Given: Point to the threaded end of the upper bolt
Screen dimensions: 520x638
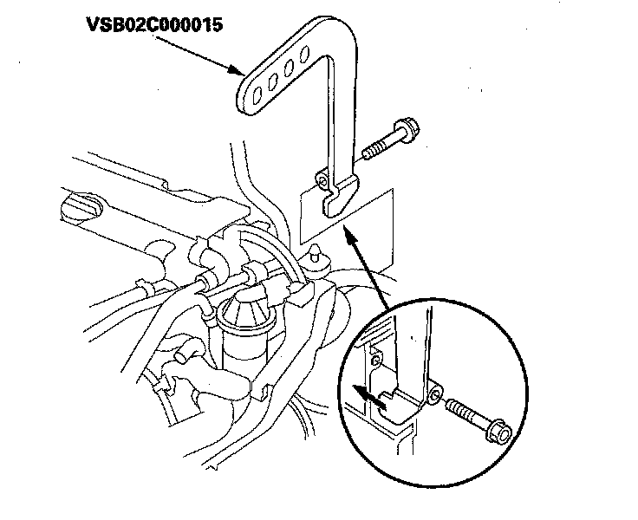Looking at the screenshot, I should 368,153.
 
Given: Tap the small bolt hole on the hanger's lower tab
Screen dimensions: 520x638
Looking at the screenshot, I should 322,181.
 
